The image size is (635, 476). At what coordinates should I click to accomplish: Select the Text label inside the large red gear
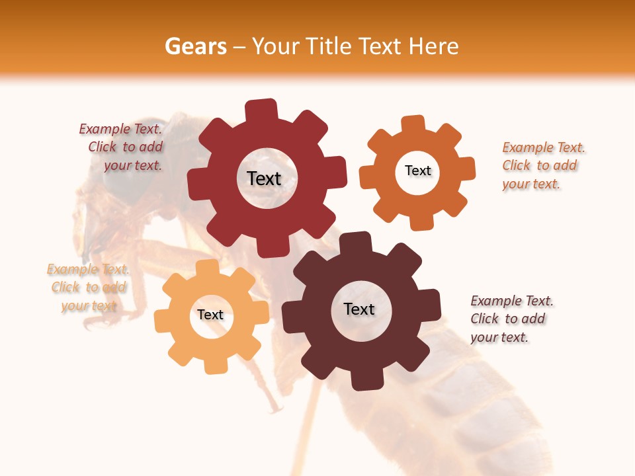click(x=264, y=178)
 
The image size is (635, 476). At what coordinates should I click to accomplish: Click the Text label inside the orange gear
click(x=418, y=171)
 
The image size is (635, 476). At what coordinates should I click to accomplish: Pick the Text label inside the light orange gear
click(x=210, y=315)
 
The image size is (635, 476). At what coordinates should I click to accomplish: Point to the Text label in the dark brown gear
click(x=359, y=309)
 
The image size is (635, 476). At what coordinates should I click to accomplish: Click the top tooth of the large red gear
click(x=261, y=110)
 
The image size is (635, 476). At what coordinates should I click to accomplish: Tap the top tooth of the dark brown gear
click(x=357, y=243)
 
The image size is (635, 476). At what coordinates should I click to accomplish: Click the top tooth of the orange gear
click(x=413, y=124)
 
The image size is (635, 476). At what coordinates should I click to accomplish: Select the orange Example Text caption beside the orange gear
click(x=543, y=165)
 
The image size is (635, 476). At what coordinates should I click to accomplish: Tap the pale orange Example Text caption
click(x=88, y=288)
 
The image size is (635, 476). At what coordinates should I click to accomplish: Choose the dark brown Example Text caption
click(x=511, y=319)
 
